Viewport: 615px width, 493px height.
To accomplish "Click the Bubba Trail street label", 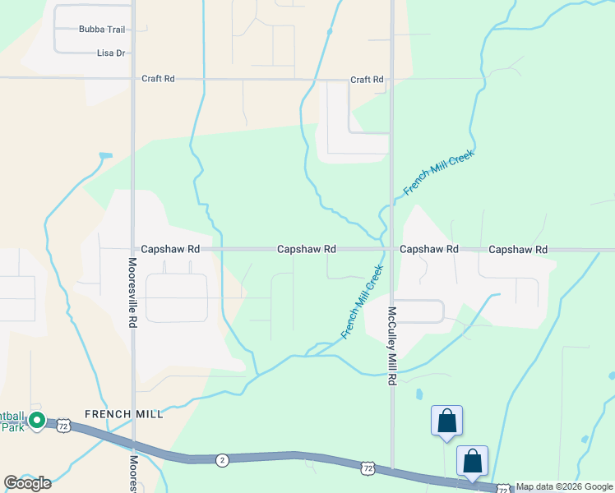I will pyautogui.click(x=102, y=30).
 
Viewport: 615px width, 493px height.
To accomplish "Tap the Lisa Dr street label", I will pyautogui.click(x=111, y=53).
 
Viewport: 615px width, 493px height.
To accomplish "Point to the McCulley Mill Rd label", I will pyautogui.click(x=393, y=346).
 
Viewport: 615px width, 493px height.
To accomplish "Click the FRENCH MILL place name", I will pyautogui.click(x=124, y=414).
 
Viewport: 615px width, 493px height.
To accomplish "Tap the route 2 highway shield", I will pyautogui.click(x=222, y=460).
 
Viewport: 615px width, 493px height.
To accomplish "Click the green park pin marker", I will pyautogui.click(x=36, y=421).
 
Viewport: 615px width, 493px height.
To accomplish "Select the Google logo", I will pyautogui.click(x=28, y=483).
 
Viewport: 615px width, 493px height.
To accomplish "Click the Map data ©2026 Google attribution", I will pyautogui.click(x=564, y=487).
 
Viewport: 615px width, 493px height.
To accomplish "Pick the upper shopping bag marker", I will pyautogui.click(x=446, y=421).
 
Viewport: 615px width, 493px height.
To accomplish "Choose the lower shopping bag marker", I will pyautogui.click(x=473, y=460).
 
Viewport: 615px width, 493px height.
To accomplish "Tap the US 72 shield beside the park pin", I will pyautogui.click(x=64, y=426).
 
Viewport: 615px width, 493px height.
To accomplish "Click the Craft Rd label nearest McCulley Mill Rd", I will pyautogui.click(x=367, y=80).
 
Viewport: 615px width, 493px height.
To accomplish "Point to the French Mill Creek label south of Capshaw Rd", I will pyautogui.click(x=363, y=302).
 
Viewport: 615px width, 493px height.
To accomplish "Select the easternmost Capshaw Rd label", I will pyautogui.click(x=518, y=249).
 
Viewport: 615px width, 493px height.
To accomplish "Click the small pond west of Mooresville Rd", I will pyautogui.click(x=104, y=155).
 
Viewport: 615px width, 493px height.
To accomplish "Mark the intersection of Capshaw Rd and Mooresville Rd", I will pyautogui.click(x=132, y=249).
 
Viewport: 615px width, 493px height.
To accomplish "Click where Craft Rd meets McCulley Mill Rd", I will pyautogui.click(x=392, y=80).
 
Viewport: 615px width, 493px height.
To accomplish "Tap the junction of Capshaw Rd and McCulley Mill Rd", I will pyautogui.click(x=392, y=249).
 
